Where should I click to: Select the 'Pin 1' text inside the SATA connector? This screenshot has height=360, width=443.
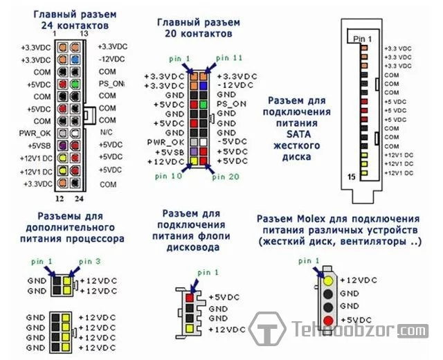click(363, 38)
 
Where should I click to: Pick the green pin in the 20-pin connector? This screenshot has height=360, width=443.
click(204, 103)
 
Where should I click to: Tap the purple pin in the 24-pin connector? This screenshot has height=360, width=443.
click(62, 146)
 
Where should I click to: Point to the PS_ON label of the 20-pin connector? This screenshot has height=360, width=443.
click(230, 103)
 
